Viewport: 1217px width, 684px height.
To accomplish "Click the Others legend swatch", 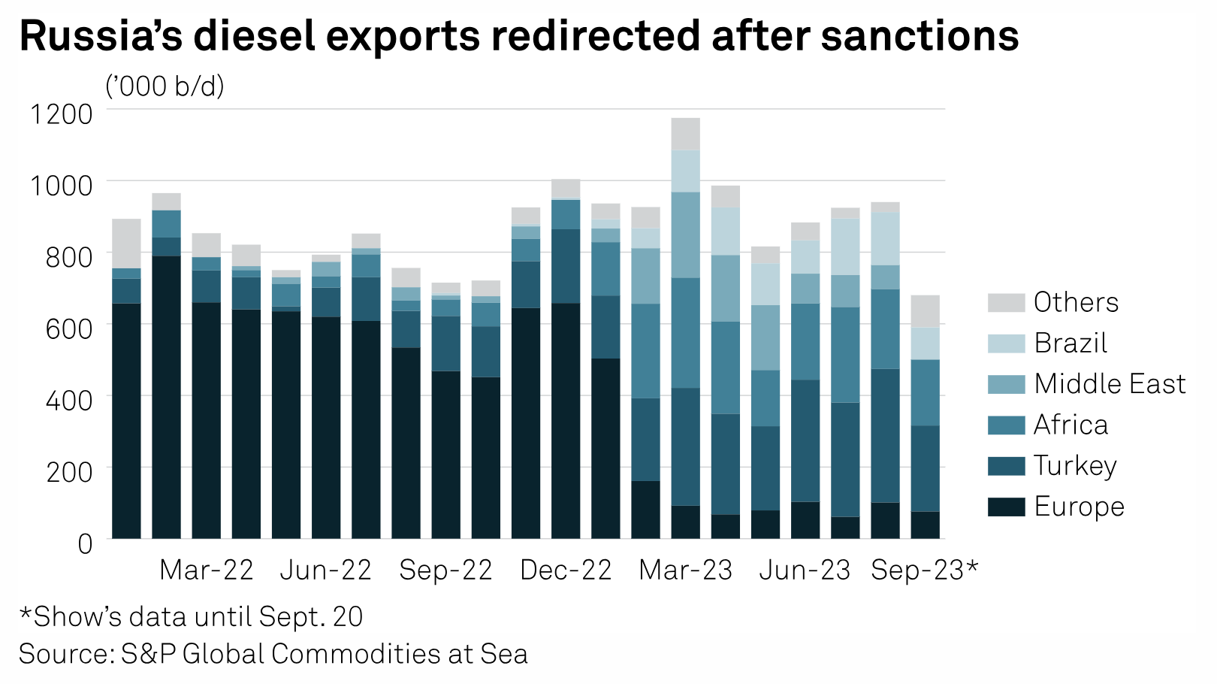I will pos(1006,302).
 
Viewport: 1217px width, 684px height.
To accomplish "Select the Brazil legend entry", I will pos(1071,343).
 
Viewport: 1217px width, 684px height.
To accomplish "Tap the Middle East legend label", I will pos(1110,384).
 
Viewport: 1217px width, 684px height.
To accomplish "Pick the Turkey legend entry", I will pos(1075,466).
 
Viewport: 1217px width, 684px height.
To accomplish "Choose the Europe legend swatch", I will pos(1006,507).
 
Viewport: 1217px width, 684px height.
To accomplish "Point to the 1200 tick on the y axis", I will pos(61,114).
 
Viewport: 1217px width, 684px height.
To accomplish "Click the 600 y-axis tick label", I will pos(69,328).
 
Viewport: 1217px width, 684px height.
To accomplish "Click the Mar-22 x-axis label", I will pos(207,571).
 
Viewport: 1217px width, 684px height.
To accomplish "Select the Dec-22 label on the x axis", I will pos(566,571).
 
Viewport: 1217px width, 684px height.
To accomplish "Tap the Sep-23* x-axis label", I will pos(924,571).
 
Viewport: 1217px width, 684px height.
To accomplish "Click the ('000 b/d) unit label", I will pos(165,87).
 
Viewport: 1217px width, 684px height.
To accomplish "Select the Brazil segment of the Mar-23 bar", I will pos(686,171).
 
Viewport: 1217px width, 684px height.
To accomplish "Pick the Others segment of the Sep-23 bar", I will pos(925,311).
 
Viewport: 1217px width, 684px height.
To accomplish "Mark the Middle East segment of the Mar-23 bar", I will pos(686,235).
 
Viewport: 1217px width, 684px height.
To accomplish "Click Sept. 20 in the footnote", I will pos(310,617).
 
